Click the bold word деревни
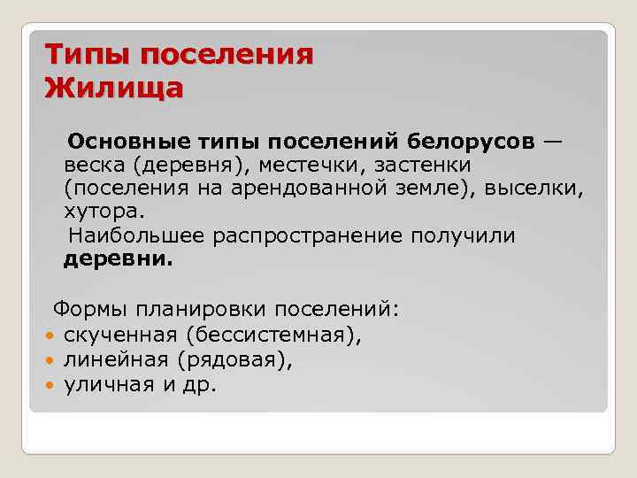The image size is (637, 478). pyautogui.click(x=119, y=260)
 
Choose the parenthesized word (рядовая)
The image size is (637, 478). pyautogui.click(x=233, y=360)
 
